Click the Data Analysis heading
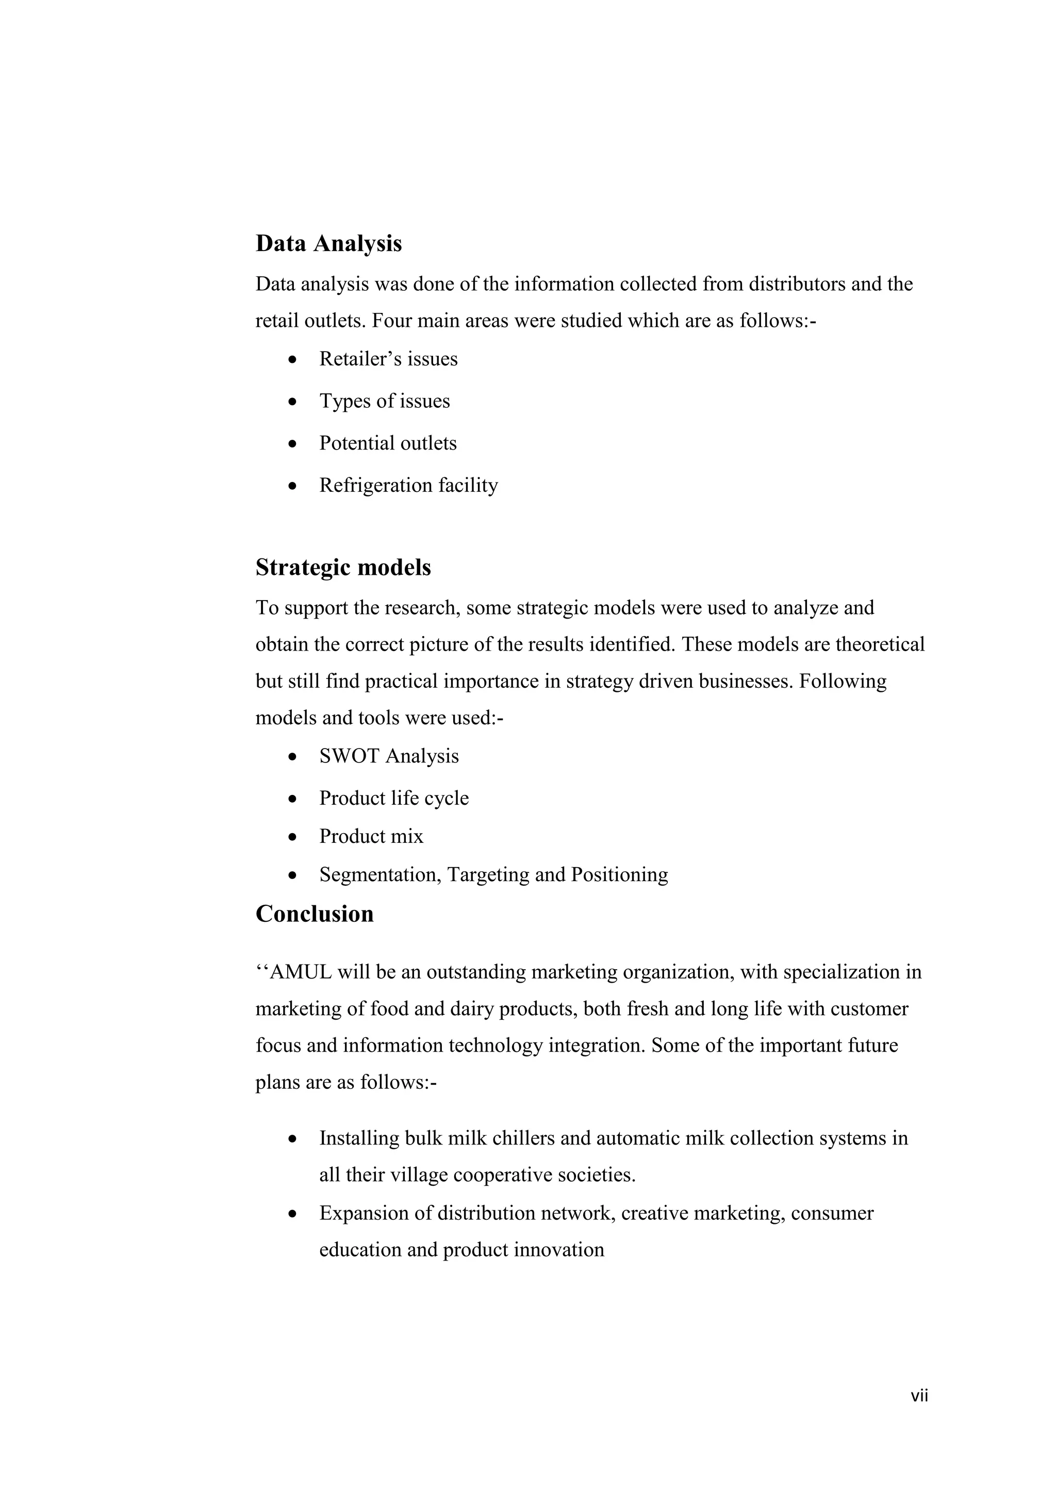pyautogui.click(x=328, y=244)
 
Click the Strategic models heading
pyautogui.click(x=343, y=568)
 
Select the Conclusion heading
pyautogui.click(x=314, y=914)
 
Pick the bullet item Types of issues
pyautogui.click(x=384, y=401)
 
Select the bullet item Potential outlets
pyautogui.click(x=388, y=443)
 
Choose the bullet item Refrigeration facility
pyautogui.click(x=408, y=486)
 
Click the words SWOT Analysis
pyautogui.click(x=389, y=756)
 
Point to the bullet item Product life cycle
pyautogui.click(x=393, y=799)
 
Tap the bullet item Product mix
pyautogui.click(x=371, y=836)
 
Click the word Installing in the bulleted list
pyautogui.click(x=359, y=1139)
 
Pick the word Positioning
pyautogui.click(x=619, y=875)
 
